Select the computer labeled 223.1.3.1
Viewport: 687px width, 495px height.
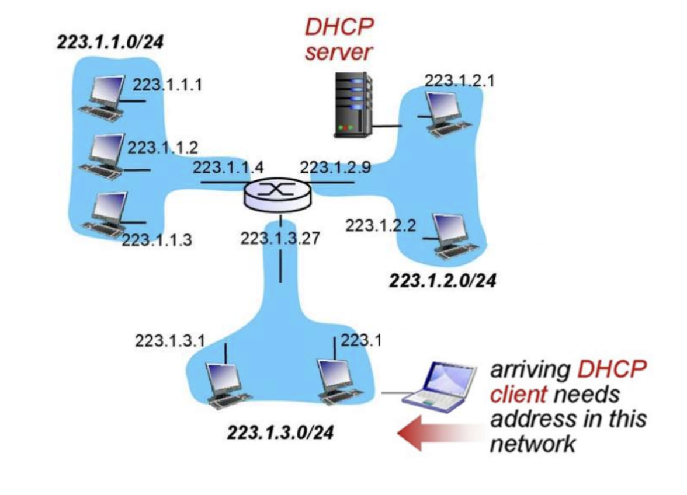[x=225, y=382]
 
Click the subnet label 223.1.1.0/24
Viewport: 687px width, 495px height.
[x=109, y=43]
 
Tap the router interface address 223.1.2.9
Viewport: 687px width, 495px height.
[x=335, y=168]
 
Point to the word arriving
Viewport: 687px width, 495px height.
[x=529, y=370]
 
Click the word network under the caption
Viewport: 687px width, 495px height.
[x=532, y=444]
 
